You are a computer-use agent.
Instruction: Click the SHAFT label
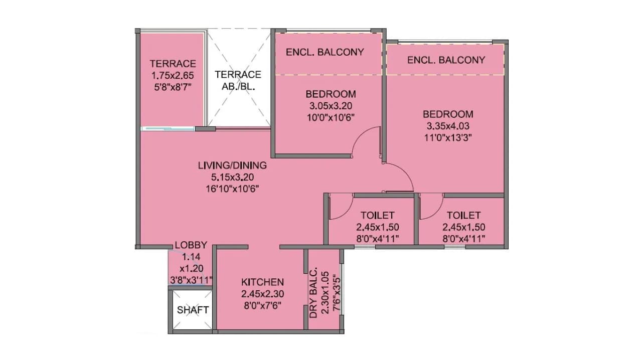(x=193, y=310)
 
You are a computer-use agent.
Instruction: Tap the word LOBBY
(x=191, y=246)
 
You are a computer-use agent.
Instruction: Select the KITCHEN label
(x=262, y=282)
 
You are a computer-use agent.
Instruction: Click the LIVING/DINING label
(x=232, y=165)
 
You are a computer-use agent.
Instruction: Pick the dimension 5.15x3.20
(x=232, y=177)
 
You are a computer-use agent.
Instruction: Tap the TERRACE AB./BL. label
(x=238, y=80)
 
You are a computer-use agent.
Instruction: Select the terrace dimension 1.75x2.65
(x=173, y=76)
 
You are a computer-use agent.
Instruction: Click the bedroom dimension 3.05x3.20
(x=331, y=106)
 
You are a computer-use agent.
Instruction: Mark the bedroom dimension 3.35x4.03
(x=447, y=126)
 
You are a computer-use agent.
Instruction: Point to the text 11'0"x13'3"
(x=447, y=137)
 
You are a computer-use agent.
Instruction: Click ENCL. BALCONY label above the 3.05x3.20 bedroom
(x=325, y=52)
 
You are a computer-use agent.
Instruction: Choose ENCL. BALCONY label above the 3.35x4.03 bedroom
(x=446, y=60)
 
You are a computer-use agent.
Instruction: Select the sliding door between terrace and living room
(x=168, y=129)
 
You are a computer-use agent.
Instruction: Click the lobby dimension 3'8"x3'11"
(x=191, y=280)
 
